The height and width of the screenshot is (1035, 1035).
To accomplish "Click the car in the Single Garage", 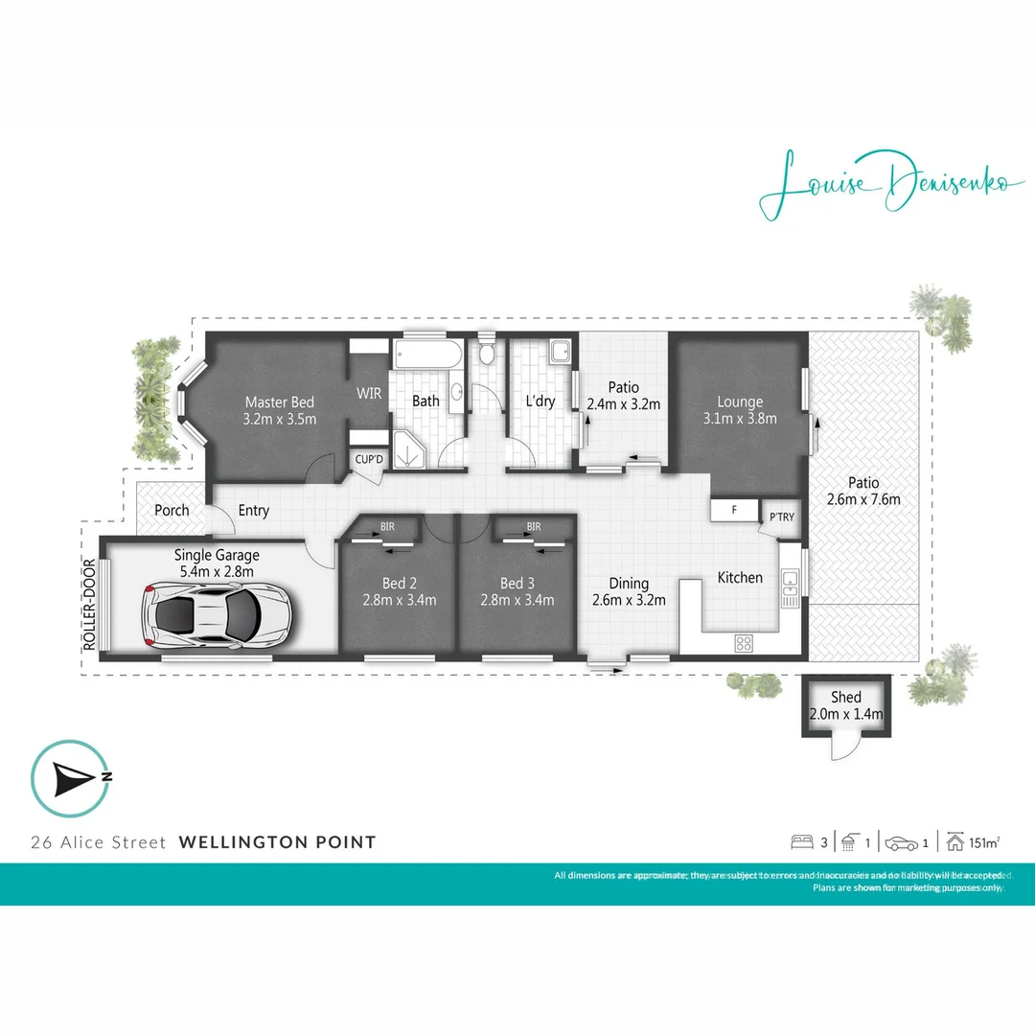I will (x=215, y=612).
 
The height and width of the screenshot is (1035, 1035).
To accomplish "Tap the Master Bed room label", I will (x=279, y=402).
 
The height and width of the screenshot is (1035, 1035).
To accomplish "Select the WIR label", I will (x=369, y=394).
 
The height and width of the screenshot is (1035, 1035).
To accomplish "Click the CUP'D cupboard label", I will (x=369, y=459).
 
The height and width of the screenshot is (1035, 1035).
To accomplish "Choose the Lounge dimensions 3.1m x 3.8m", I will (x=739, y=418).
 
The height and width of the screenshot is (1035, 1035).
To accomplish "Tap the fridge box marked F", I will (x=734, y=510).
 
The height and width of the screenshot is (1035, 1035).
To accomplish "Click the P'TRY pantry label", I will (x=780, y=517).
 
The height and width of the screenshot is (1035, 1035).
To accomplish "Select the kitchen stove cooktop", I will (x=743, y=644).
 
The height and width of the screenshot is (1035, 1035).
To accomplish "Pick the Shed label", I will (x=846, y=697).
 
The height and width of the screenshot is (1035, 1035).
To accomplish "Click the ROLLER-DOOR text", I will (x=89, y=606).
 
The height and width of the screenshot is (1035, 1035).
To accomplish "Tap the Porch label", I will (x=172, y=510).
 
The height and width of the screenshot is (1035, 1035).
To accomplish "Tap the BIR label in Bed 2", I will (x=387, y=526).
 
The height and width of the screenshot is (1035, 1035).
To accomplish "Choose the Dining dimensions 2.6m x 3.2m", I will (x=629, y=601).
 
